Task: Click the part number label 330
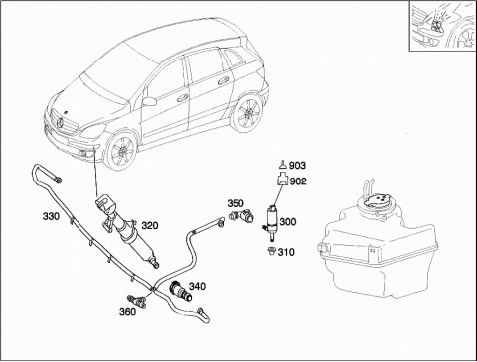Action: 51,217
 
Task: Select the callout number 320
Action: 150,226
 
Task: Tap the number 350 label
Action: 236,203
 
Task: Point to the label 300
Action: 288,222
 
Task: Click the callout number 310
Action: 286,252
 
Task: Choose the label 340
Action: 197,286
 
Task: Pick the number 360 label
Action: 127,312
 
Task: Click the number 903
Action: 297,166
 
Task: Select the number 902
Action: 298,181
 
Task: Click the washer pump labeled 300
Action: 271,222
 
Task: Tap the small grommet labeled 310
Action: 272,251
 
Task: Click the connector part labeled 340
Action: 181,291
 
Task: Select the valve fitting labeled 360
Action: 137,302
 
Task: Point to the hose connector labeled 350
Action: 241,216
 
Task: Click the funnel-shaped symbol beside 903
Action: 283,165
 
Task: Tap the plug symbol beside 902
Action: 282,180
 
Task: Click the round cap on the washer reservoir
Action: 377,202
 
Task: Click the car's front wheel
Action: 122,151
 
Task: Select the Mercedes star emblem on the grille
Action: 61,124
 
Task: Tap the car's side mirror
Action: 149,101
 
